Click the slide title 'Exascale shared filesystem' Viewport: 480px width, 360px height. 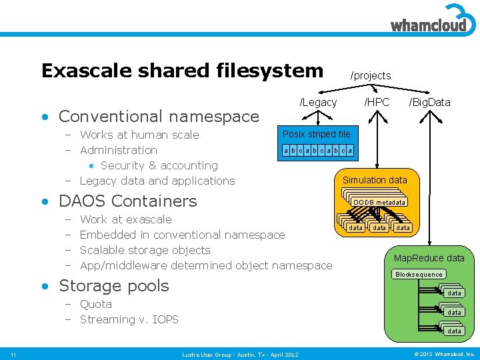coord(182,71)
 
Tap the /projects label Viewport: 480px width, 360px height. coord(371,76)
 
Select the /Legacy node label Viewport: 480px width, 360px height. coord(318,102)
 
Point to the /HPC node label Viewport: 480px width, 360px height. coord(377,102)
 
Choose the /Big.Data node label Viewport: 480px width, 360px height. coord(429,102)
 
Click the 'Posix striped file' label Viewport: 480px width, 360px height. coord(317,134)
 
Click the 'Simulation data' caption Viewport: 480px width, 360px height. coord(374,180)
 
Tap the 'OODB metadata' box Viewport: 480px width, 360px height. coord(379,202)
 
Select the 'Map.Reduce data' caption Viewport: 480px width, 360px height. coord(429,258)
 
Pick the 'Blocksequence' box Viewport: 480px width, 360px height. coord(419,274)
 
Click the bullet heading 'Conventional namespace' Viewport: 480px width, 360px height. coord(159,116)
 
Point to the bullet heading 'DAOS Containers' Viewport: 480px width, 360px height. coord(128,201)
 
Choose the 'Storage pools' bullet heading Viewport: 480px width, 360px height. coord(114,285)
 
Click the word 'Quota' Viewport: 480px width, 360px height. coord(96,304)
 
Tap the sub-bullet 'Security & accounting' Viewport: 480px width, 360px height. coord(159,165)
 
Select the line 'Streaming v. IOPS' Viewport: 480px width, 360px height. coord(129,319)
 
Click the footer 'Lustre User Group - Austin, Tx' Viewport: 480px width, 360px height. coord(240,354)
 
